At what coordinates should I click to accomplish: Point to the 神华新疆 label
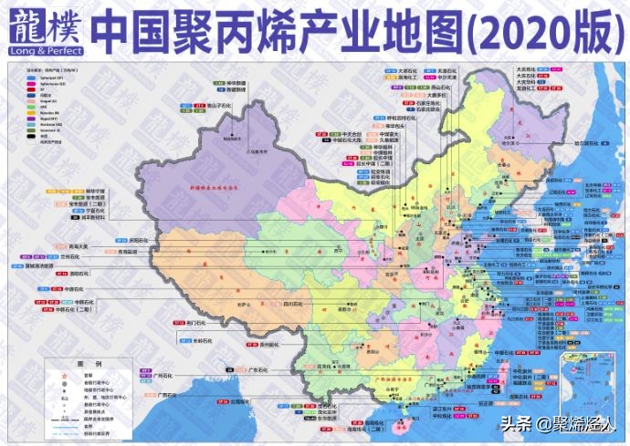click(242, 83)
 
